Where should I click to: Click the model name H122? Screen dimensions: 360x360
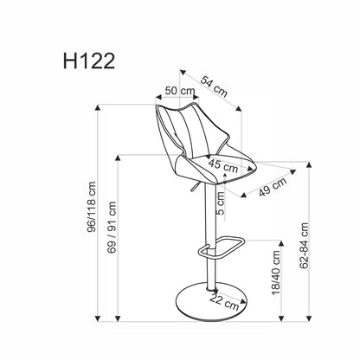tap(89, 61)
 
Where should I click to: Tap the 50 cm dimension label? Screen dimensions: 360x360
tap(180, 91)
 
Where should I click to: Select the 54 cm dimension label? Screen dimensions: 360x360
tap(214, 86)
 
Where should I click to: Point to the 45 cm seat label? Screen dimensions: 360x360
tap(223, 165)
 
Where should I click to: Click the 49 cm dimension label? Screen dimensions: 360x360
tap(273, 187)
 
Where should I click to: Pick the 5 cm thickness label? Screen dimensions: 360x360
tap(220, 203)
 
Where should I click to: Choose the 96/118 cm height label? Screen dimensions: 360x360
tap(91, 207)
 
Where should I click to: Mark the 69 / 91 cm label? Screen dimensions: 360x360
tap(112, 228)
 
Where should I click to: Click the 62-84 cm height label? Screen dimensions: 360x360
tap(304, 246)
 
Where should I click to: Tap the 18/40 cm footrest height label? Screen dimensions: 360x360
tap(276, 273)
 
